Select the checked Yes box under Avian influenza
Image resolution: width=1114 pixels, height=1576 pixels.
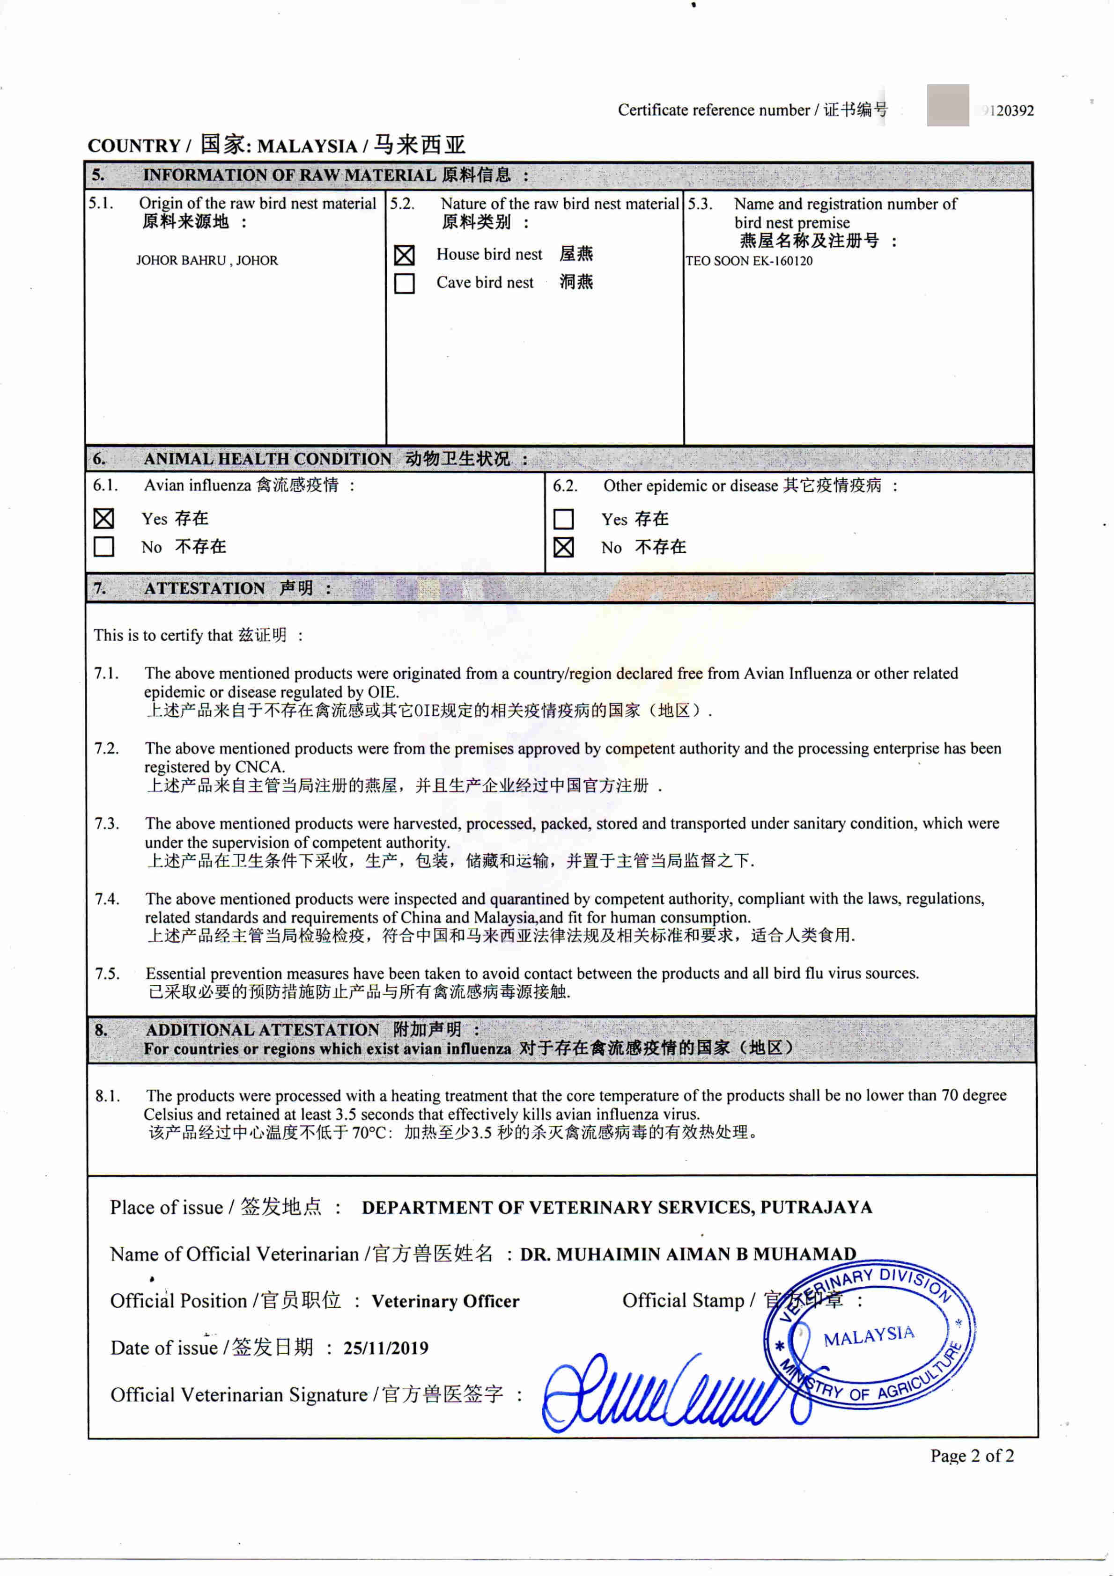point(103,518)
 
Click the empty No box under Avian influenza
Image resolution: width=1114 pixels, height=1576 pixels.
point(103,546)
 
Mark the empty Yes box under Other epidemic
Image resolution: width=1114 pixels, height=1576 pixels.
point(563,519)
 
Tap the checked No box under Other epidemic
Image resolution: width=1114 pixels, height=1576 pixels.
point(563,547)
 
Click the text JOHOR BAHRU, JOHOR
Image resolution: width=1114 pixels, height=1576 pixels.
point(207,260)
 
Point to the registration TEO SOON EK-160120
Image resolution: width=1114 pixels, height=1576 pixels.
point(749,261)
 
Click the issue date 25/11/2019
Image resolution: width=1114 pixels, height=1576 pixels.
point(385,1348)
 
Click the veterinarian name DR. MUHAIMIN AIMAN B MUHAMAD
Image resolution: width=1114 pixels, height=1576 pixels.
point(687,1254)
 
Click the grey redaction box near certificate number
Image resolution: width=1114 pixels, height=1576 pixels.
point(947,105)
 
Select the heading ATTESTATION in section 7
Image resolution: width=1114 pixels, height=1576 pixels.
point(204,588)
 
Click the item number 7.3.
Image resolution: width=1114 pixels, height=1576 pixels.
point(106,824)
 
